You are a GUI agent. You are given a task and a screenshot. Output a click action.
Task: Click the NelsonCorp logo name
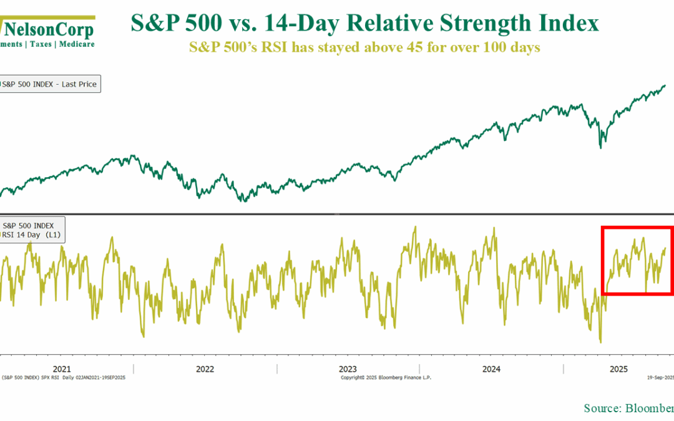50,30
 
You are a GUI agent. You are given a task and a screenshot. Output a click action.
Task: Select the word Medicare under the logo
77,44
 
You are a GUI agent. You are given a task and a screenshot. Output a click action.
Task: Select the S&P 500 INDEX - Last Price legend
50,84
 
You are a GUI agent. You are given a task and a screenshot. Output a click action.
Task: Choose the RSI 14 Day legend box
34,230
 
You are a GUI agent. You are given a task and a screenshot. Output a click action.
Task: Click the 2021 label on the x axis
62,369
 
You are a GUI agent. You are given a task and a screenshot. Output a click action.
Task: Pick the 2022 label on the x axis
205,369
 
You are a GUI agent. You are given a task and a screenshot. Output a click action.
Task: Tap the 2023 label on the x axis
348,369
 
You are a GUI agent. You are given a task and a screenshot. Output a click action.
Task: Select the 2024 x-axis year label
491,369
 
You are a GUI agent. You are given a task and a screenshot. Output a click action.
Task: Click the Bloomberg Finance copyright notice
386,377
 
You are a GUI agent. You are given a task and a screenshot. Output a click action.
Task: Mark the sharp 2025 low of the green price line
600,147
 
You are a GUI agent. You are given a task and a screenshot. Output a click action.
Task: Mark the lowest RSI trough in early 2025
600,342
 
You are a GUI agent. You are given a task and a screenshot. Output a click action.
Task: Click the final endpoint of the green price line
665,85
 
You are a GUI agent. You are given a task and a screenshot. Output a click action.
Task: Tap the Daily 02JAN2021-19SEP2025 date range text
95,377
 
